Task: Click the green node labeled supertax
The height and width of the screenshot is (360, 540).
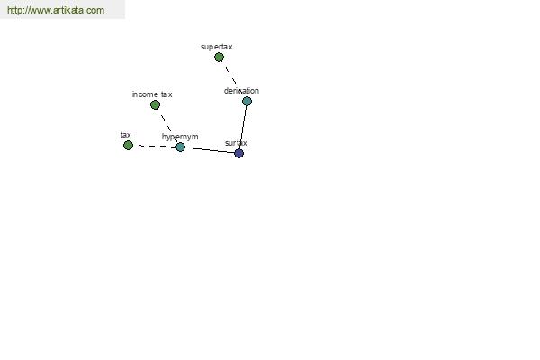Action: click(219, 58)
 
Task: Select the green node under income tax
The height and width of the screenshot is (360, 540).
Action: click(155, 104)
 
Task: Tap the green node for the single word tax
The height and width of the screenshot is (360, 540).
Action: click(128, 146)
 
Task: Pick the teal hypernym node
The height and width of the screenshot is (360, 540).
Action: click(180, 147)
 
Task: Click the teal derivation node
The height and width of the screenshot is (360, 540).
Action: click(247, 102)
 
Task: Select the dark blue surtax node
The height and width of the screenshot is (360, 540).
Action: click(238, 153)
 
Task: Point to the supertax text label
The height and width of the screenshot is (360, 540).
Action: click(217, 47)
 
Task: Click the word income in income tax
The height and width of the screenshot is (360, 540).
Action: click(145, 94)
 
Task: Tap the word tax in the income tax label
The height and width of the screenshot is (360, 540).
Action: click(166, 94)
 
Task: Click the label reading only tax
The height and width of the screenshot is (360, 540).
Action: click(126, 135)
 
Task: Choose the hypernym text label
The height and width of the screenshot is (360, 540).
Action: click(180, 137)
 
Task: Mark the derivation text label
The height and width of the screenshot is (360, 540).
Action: click(241, 91)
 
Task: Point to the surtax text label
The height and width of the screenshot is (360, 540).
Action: click(236, 143)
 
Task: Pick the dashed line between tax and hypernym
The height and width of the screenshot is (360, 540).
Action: click(157, 146)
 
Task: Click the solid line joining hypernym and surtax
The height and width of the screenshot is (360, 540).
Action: click(210, 150)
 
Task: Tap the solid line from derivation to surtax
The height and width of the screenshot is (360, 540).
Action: click(243, 128)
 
